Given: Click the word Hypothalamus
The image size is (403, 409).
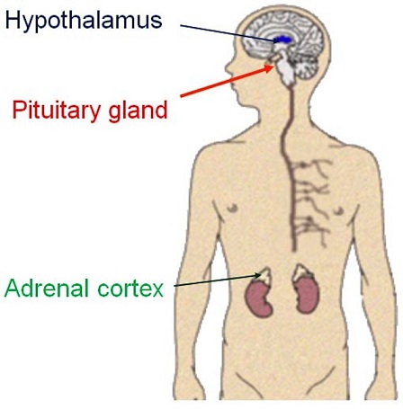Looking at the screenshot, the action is [x=84, y=22].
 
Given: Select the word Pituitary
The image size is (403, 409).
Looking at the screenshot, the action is [x=57, y=111].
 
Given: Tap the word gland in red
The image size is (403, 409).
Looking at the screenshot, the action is [x=138, y=111].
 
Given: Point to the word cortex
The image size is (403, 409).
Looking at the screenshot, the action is [x=130, y=289].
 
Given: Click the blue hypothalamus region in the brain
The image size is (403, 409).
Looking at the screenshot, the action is [x=282, y=40].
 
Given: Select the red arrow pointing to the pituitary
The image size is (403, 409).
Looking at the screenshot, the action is [x=227, y=81].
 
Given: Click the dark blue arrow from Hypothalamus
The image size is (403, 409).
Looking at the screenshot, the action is [x=229, y=33].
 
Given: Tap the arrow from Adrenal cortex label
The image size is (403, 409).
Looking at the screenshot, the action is [x=217, y=280].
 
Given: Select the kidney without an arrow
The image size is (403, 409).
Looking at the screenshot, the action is [x=308, y=295].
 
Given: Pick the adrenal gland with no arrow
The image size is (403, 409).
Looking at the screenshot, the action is [x=302, y=272].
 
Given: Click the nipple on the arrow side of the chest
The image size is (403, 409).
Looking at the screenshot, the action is [x=232, y=208].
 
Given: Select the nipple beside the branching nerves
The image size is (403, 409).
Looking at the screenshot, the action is [x=338, y=210].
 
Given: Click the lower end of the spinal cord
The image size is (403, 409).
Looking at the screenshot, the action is [x=294, y=249].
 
